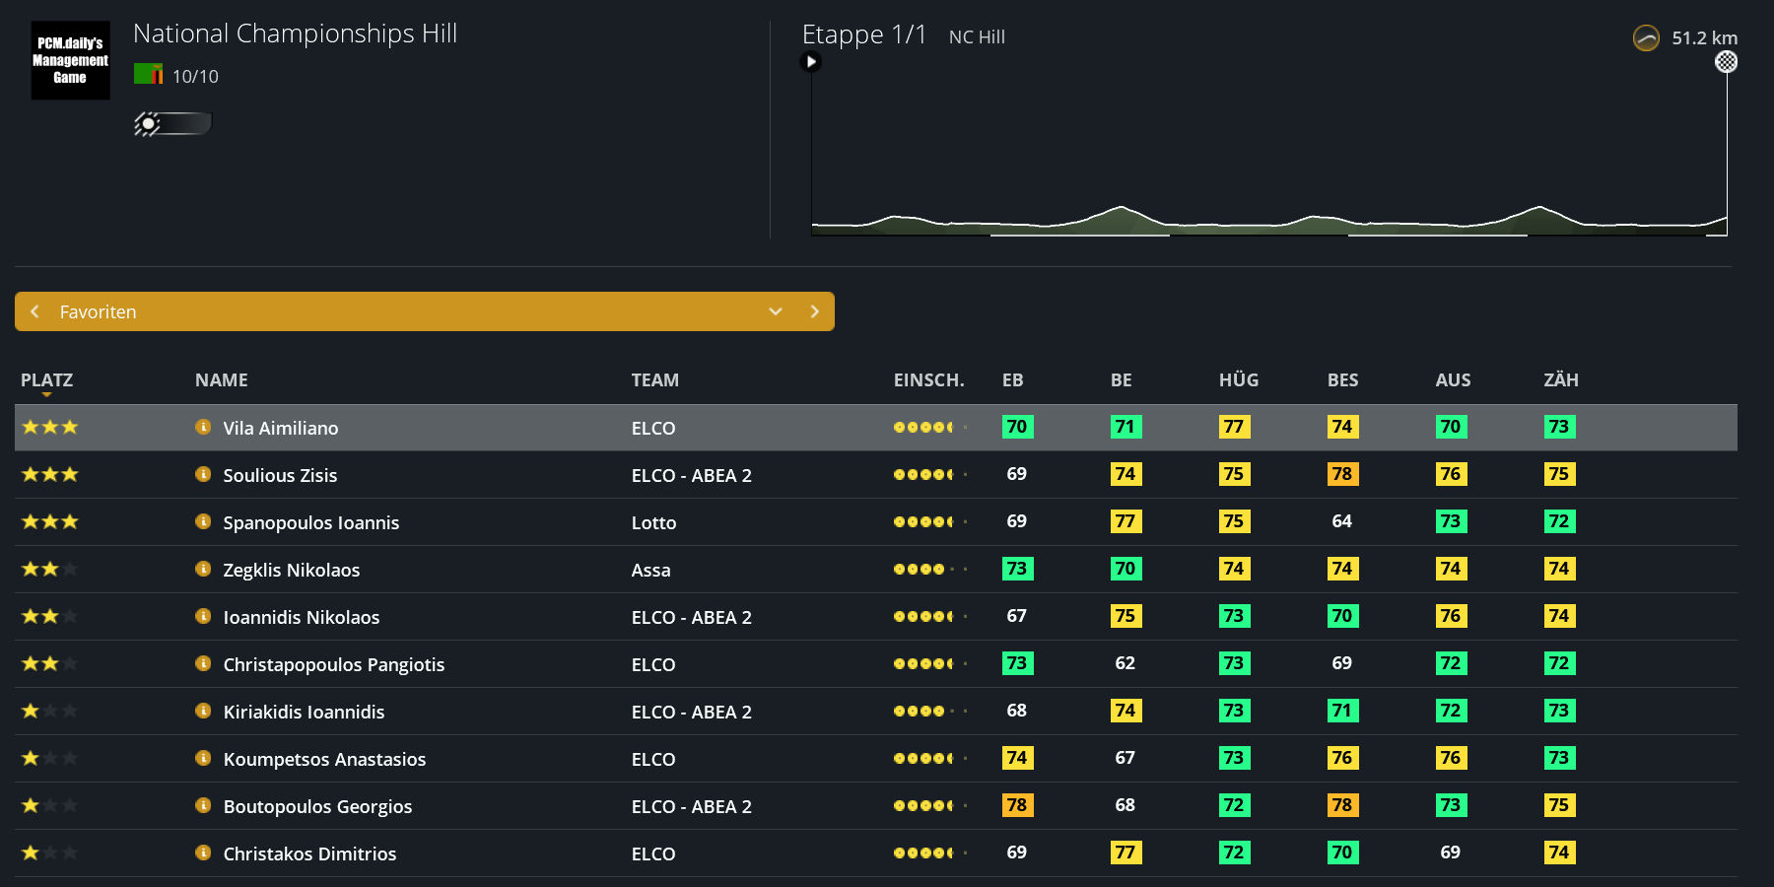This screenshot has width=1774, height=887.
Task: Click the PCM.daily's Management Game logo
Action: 70,60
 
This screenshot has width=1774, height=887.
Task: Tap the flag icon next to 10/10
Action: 148,74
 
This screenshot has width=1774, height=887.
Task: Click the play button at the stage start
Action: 811,62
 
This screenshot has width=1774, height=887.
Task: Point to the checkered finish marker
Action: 1726,62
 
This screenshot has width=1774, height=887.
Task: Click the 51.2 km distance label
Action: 1704,38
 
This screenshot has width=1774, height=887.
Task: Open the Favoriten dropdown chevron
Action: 776,311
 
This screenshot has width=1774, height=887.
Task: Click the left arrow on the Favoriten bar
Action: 35,311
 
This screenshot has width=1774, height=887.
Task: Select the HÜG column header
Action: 1238,379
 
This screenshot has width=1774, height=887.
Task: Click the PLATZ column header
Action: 46,379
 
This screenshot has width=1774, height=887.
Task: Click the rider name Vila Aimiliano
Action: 281,428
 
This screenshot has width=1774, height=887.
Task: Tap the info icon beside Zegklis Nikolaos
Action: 203,569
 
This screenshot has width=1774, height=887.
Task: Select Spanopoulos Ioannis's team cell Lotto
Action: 653,522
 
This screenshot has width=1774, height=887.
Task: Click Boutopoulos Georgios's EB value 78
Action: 1017,805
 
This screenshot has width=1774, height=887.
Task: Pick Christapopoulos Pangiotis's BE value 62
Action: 1125,663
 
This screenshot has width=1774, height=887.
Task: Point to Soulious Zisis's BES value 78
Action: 1342,474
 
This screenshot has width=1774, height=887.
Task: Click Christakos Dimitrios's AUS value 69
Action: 1450,853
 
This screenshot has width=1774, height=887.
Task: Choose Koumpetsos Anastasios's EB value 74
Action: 1017,758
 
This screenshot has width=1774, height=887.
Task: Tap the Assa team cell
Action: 650,570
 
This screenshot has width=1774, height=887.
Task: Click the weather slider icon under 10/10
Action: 172,123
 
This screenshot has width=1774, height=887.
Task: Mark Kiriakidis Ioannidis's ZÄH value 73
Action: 1559,711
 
